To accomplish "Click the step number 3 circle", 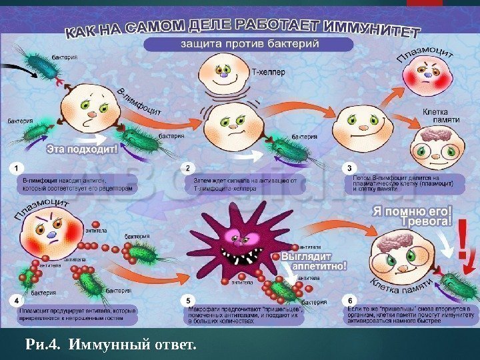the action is [350, 167].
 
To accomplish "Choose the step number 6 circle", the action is [351, 301].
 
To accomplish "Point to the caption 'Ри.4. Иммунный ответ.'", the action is [111, 345].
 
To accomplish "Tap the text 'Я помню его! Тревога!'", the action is [411, 217].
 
